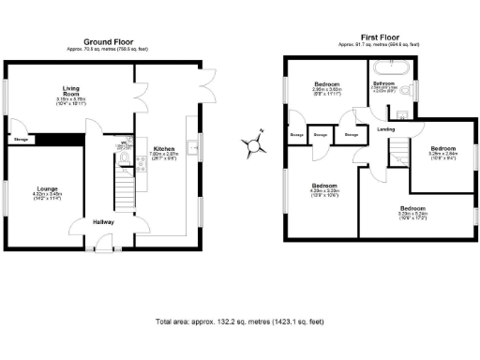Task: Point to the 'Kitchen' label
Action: coord(163,148)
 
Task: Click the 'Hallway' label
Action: coord(102,222)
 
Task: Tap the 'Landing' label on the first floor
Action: coord(384,128)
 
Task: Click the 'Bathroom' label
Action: coord(383,83)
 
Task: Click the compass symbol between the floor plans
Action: coord(252,143)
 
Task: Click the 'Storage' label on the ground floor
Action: coord(21,140)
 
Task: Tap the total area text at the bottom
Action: coord(239,322)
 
